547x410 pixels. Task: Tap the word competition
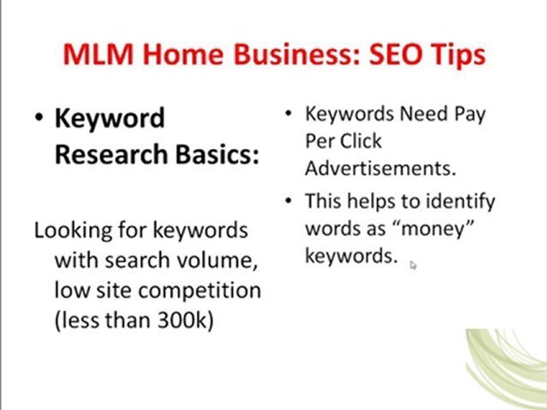pyautogui.click(x=199, y=291)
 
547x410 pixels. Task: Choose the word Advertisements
pyautogui.click(x=381, y=168)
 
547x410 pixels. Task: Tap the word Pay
pyautogui.click(x=470, y=114)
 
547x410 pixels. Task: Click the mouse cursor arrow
pyautogui.click(x=413, y=264)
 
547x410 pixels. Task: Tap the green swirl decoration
pyautogui.click(x=507, y=364)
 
